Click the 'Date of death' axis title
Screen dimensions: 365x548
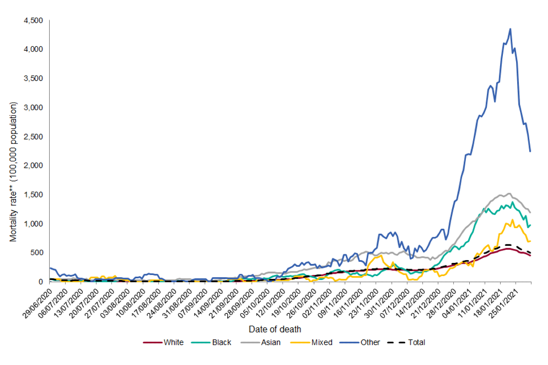pyautogui.click(x=275, y=329)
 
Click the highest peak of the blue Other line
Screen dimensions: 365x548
pyautogui.click(x=510, y=29)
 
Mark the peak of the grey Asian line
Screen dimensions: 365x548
pyautogui.click(x=509, y=193)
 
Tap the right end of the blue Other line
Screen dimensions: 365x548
pyautogui.click(x=530, y=151)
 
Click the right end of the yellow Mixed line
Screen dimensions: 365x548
pyautogui.click(x=530, y=241)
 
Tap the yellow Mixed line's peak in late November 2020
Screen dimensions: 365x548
pyautogui.click(x=378, y=255)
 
